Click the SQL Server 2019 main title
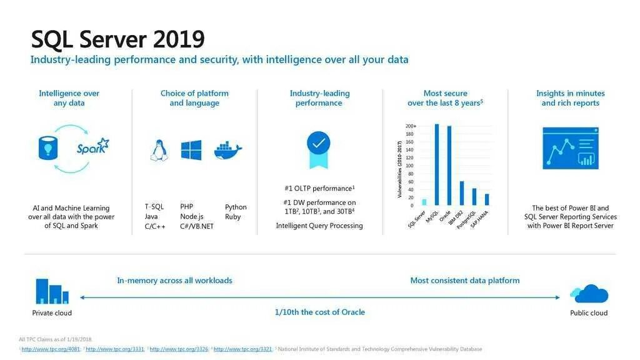pyautogui.click(x=117, y=39)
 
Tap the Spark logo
pyautogui.click(x=92, y=147)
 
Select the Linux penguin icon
pyautogui.click(x=158, y=151)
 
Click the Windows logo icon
pyautogui.click(x=191, y=150)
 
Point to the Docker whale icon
pyautogui.click(x=227, y=151)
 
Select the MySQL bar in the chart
pyautogui.click(x=436, y=165)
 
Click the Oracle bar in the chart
pyautogui.click(x=449, y=166)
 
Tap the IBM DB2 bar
pyautogui.click(x=462, y=193)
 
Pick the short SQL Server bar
pyautogui.click(x=424, y=202)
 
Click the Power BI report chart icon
pyautogui.click(x=570, y=148)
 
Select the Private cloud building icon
pyautogui.click(x=52, y=291)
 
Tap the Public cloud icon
pyautogui.click(x=589, y=293)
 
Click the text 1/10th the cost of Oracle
pyautogui.click(x=319, y=312)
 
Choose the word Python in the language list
pyautogui.click(x=236, y=207)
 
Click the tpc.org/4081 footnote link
pyautogui.click(x=51, y=349)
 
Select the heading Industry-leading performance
pyautogui.click(x=319, y=98)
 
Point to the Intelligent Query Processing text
pyautogui.click(x=319, y=226)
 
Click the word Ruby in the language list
pyautogui.click(x=232, y=217)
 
